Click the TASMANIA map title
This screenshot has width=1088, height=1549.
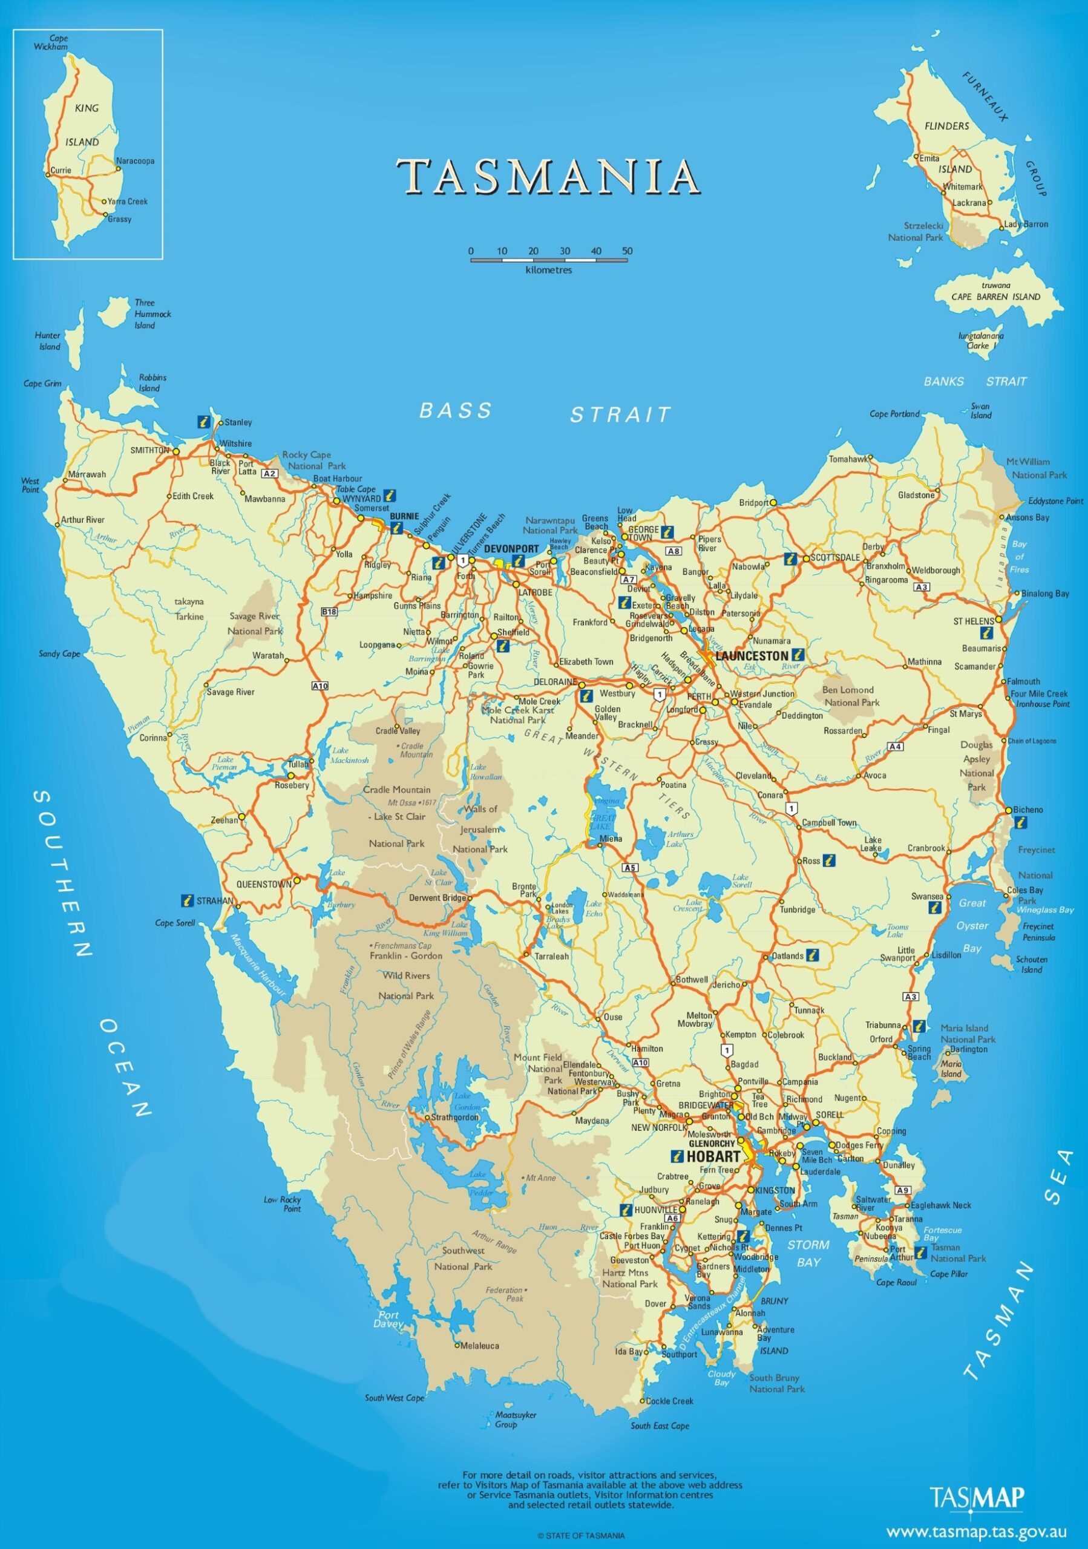click(547, 177)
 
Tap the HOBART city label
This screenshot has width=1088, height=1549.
click(713, 1156)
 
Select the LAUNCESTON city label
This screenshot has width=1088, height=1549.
click(751, 656)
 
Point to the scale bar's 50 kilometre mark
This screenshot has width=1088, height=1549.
click(628, 252)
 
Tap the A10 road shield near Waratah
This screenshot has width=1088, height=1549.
click(320, 686)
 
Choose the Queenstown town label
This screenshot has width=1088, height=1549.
click(264, 884)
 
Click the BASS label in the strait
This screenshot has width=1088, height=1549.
click(456, 410)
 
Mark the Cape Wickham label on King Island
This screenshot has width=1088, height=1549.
click(51, 42)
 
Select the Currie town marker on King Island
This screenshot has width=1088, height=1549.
click(48, 171)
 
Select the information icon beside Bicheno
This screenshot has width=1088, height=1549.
click(1021, 822)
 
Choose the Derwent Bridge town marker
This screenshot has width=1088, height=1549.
click(470, 898)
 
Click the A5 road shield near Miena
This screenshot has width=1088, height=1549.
click(629, 867)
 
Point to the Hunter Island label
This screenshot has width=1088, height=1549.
click(48, 341)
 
